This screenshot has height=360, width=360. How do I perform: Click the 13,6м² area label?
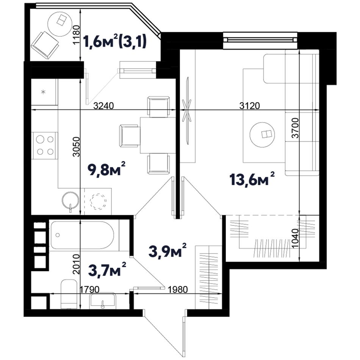click(x=252, y=179)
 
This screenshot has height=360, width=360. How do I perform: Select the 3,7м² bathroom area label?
click(x=107, y=269)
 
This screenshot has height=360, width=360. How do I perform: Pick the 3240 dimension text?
click(x=104, y=106)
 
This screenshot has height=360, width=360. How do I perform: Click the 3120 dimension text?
click(x=250, y=106)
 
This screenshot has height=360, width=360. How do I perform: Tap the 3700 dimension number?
click(x=295, y=128)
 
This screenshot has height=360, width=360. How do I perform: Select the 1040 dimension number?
click(x=295, y=238)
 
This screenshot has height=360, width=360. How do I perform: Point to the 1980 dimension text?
click(x=178, y=290)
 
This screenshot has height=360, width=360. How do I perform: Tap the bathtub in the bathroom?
click(x=82, y=235)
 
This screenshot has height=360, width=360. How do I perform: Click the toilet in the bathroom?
click(x=69, y=294)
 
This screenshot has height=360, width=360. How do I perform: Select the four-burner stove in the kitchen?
click(x=45, y=146)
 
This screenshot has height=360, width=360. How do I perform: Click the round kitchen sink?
click(x=70, y=200)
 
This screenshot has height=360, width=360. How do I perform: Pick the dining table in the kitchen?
click(x=158, y=135)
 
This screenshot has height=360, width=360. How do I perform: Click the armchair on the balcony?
click(x=45, y=45)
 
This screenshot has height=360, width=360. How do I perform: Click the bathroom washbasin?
click(x=102, y=300)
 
